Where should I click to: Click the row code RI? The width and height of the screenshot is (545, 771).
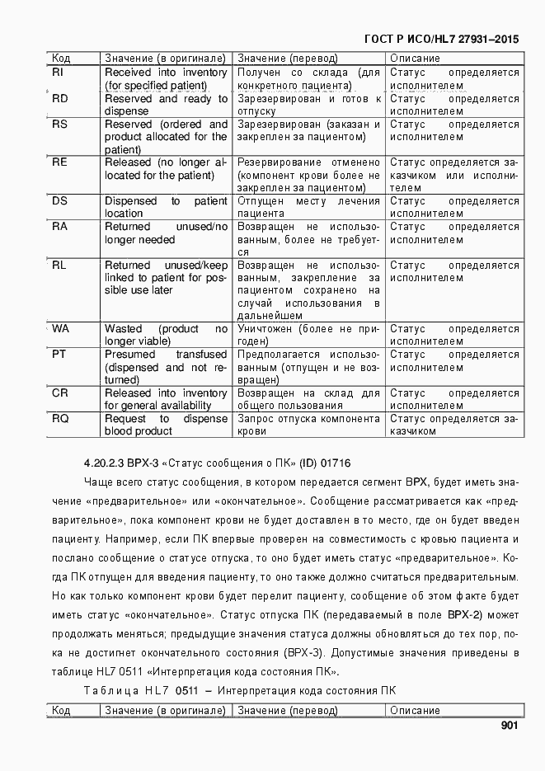(x=59, y=73)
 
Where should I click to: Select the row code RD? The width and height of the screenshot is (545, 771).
(x=59, y=98)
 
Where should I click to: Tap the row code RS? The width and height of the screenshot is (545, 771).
(x=59, y=124)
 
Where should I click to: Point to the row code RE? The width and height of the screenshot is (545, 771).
(x=59, y=162)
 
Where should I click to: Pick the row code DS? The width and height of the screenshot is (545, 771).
(x=59, y=201)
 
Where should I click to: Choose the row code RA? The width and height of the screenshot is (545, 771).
(x=59, y=227)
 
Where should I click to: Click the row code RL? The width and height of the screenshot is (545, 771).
(x=59, y=266)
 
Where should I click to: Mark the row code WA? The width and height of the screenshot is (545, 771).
(x=60, y=329)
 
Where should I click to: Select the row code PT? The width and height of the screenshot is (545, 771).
(x=59, y=355)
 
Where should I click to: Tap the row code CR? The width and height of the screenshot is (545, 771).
(x=59, y=393)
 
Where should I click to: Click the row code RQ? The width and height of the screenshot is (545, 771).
(x=60, y=419)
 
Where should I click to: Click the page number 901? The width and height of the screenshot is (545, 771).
(x=509, y=726)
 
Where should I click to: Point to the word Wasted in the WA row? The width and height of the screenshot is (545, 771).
(x=123, y=329)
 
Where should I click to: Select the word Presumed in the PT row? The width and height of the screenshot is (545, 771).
(x=129, y=355)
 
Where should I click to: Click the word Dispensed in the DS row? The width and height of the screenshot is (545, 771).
(x=130, y=201)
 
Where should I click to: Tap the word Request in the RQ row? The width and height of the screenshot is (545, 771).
(x=125, y=419)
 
